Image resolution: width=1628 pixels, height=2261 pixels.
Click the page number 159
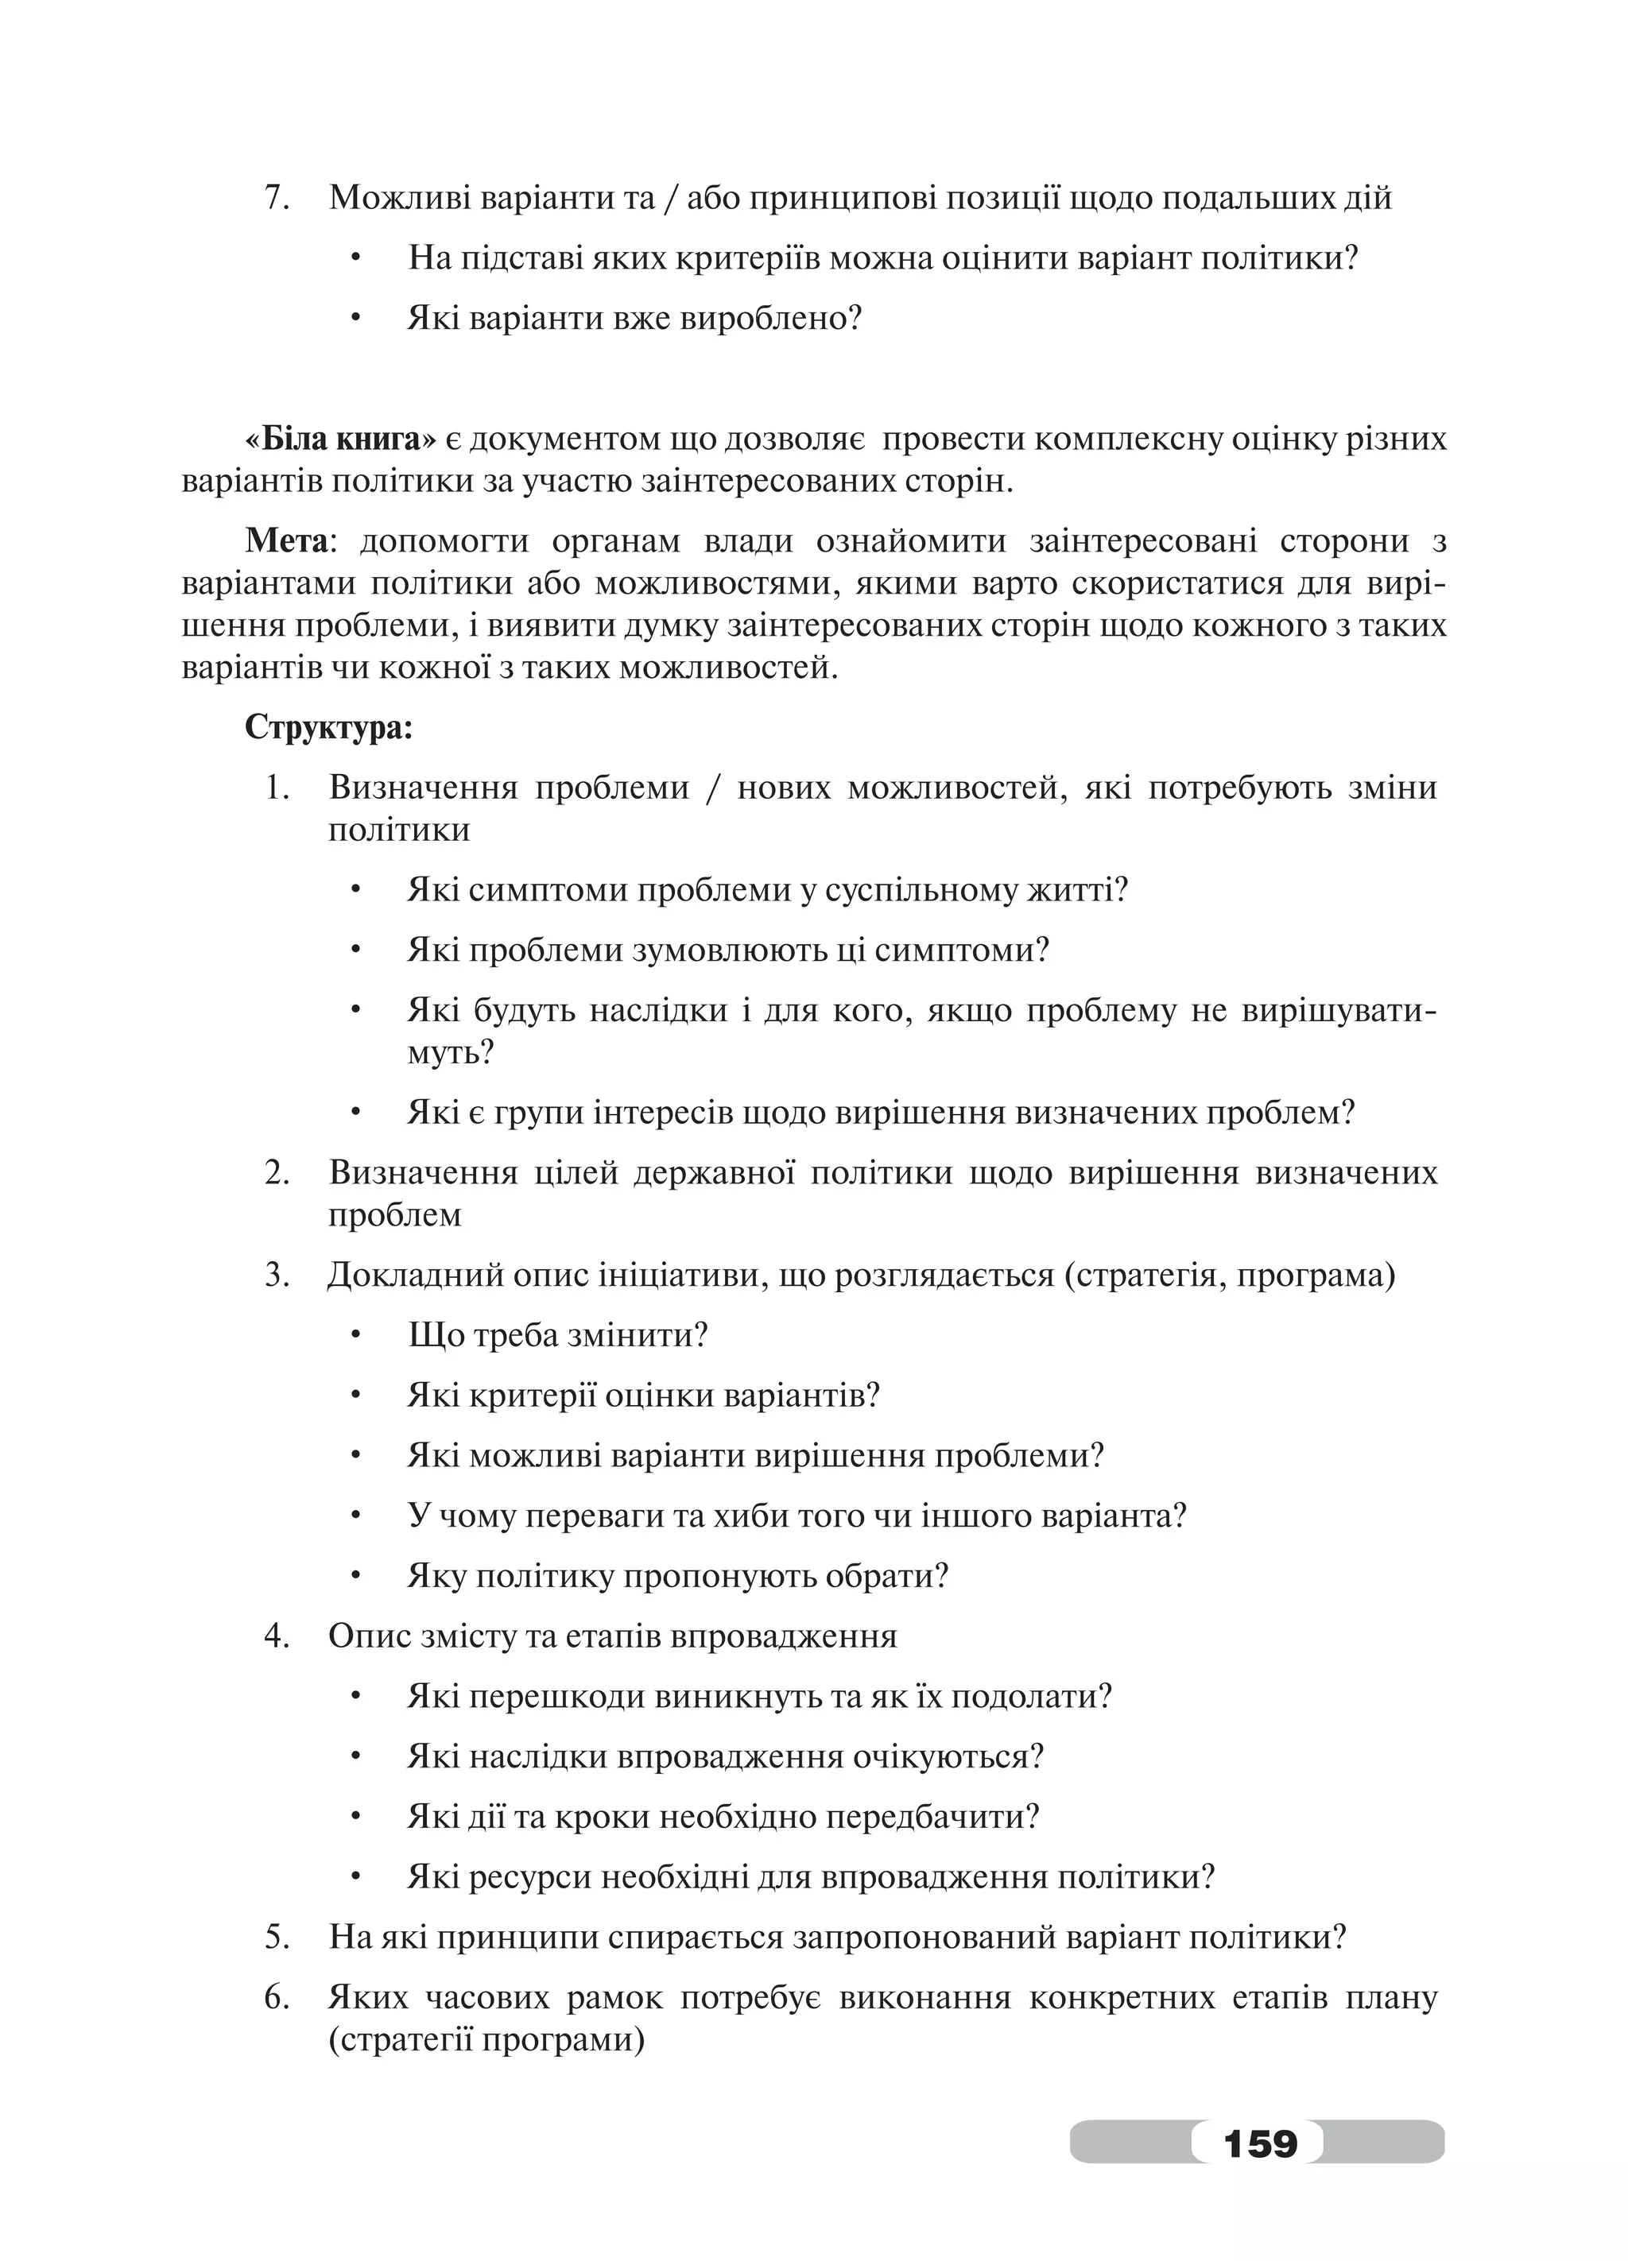[1259, 2143]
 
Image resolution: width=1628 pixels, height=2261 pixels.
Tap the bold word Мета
[286, 541]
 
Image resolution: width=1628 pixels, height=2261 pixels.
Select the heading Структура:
[328, 726]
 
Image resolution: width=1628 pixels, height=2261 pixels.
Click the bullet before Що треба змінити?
[355, 1337]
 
